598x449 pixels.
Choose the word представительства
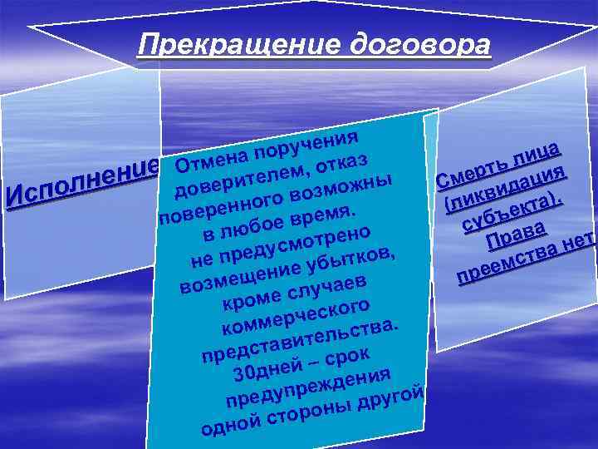click(300, 343)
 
